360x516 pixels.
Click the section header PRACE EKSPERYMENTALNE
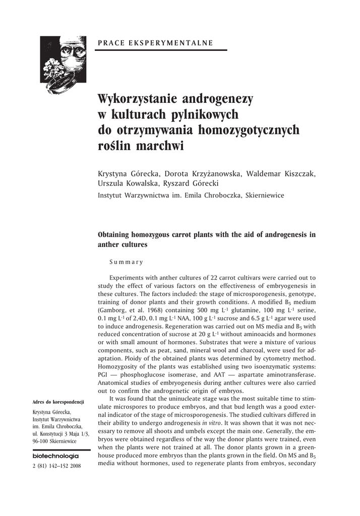click(x=155, y=43)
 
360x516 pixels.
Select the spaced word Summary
click(x=127, y=262)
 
